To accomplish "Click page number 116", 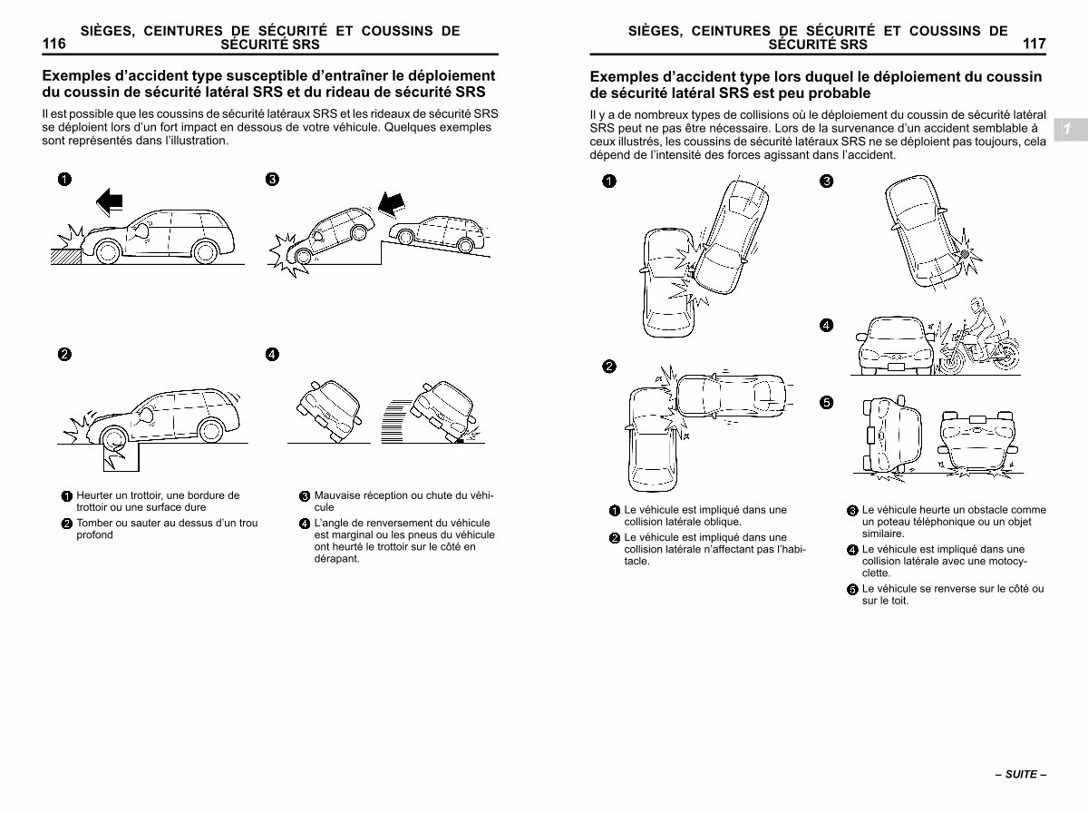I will (x=53, y=44).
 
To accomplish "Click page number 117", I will (x=1034, y=44).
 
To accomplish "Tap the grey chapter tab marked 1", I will (x=1067, y=130).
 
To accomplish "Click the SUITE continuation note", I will (x=1020, y=775).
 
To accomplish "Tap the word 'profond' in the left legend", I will (x=95, y=535).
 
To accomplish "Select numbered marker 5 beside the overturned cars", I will (x=827, y=403).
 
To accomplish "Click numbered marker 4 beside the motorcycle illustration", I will (x=827, y=325).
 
